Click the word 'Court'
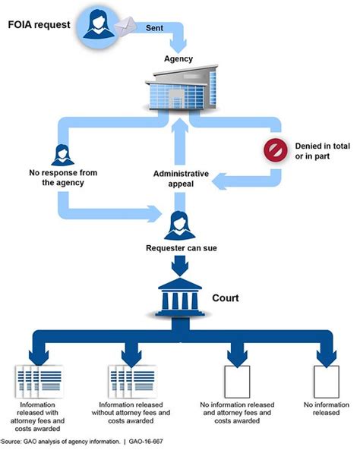(x=226, y=297)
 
